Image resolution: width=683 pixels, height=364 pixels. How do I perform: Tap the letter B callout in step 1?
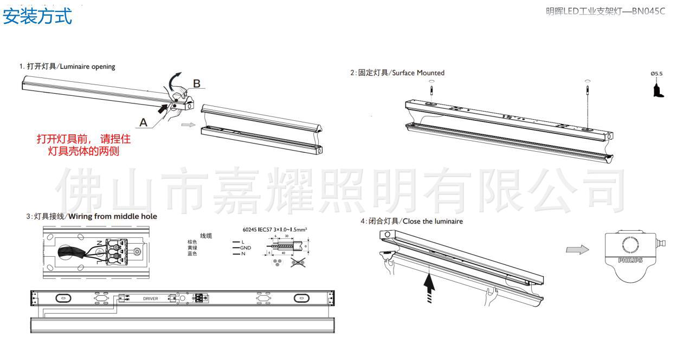[197, 84]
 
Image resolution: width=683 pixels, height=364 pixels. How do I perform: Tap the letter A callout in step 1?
[143, 123]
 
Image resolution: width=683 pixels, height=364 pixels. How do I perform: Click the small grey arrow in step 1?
[187, 125]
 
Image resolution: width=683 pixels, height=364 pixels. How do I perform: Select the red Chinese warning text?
[83, 145]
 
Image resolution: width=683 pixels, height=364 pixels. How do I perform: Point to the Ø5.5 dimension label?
[656, 74]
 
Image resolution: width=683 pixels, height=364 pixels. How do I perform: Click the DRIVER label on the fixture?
[151, 298]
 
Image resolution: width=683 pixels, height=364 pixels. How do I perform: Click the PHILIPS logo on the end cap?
[630, 260]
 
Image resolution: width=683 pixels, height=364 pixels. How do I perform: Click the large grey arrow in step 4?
[577, 250]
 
